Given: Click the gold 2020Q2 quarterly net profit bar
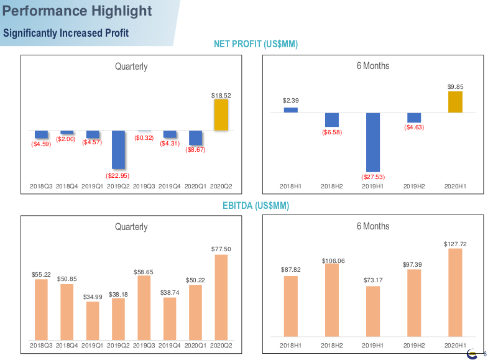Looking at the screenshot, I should click(x=221, y=115).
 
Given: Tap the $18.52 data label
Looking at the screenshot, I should click(x=221, y=95).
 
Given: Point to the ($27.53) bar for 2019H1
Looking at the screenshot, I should click(x=373, y=142).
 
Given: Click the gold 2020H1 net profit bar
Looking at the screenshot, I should click(x=456, y=102).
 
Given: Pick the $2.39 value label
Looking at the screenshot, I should click(x=291, y=100).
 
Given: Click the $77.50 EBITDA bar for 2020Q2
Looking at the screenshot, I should click(x=221, y=297).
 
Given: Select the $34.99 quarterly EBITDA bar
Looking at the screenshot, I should click(x=92, y=320).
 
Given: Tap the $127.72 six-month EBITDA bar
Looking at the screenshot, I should click(x=456, y=292).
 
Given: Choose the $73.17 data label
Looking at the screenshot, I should click(x=373, y=280).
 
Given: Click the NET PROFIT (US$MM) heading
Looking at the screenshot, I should click(x=256, y=44).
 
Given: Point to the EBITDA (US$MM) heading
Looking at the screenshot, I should click(x=256, y=205).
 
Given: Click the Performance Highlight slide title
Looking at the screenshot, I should click(x=78, y=11).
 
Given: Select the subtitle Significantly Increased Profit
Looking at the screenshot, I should click(x=67, y=33).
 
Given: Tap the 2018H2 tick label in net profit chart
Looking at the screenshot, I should click(x=332, y=186).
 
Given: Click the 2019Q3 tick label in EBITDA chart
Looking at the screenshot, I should click(x=144, y=344).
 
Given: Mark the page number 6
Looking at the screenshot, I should click(x=485, y=354).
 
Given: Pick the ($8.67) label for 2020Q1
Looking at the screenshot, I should click(x=195, y=150).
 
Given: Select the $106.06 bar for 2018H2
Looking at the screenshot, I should click(x=332, y=300).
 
